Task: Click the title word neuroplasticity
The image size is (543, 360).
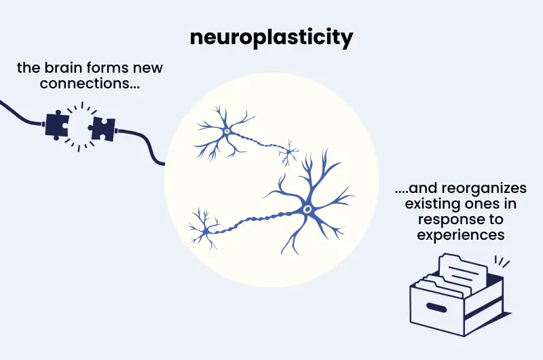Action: (x=271, y=37)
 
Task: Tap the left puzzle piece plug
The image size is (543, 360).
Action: (x=58, y=124)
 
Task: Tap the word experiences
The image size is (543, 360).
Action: (x=462, y=235)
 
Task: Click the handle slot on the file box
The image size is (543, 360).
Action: (x=435, y=308)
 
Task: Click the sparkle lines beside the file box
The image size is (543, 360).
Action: (x=502, y=262)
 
